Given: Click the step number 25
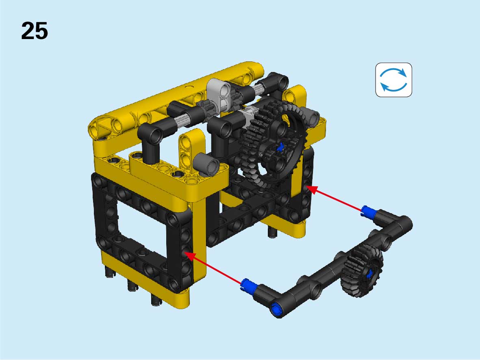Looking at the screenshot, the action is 35,31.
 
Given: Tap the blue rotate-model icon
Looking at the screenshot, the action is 394,80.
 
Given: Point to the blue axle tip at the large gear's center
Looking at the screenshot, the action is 280,148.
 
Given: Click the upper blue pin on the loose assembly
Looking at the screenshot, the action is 368,212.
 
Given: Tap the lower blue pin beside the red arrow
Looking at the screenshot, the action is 248,285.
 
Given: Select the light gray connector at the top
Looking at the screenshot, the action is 219,94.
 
